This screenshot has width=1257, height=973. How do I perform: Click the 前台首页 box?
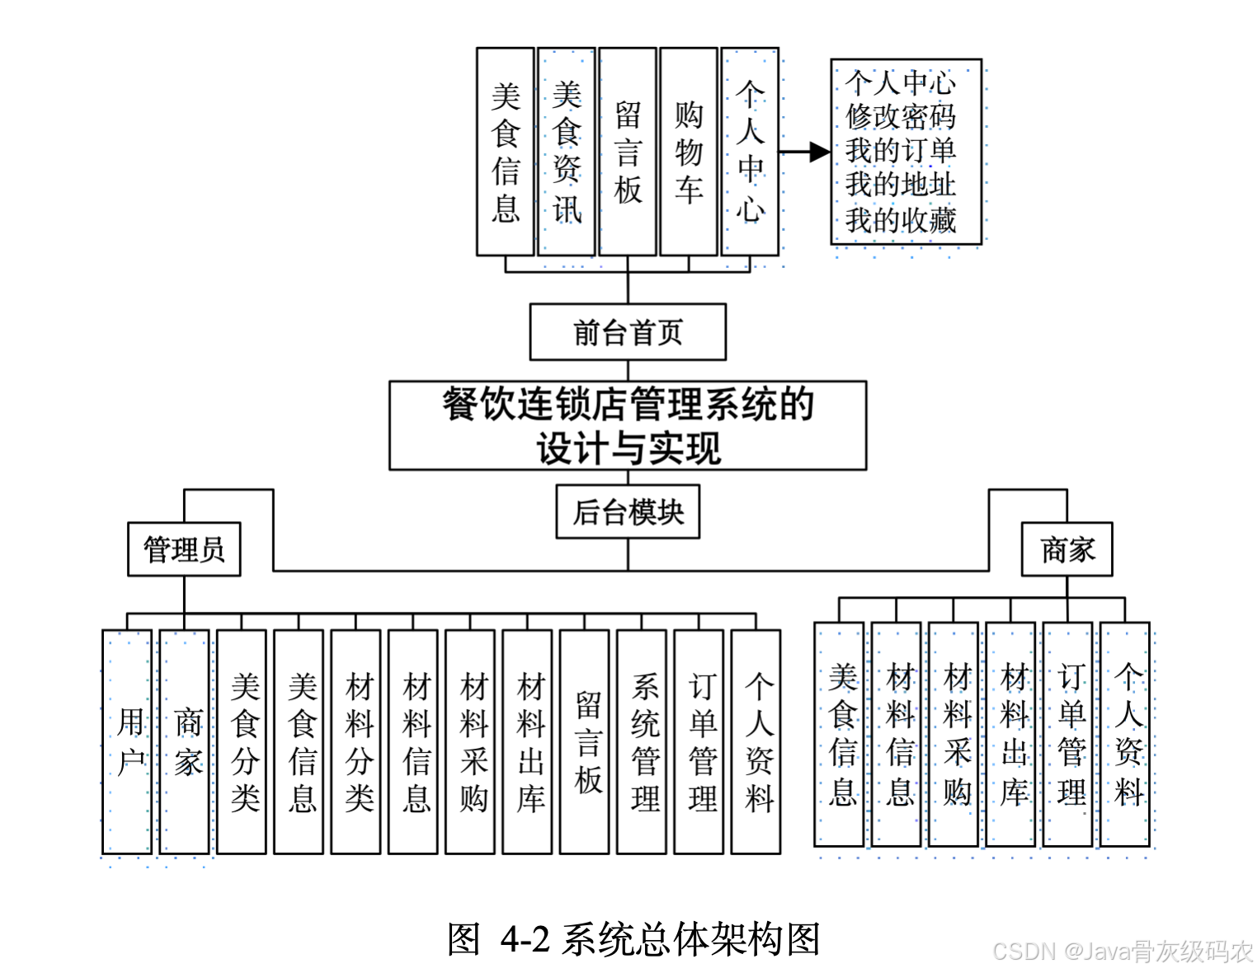628,332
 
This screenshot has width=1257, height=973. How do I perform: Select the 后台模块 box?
628,512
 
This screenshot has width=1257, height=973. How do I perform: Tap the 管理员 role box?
184,549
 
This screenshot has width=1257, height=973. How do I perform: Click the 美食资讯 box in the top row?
567,152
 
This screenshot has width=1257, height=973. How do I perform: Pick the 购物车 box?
689,152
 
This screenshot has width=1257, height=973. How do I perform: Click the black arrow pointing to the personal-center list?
805,152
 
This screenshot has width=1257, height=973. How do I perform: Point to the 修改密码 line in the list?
901,116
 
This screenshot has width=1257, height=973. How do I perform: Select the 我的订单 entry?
901,150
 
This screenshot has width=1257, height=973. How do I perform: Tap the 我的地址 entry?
901,184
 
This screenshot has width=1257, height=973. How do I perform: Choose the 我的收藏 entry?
901,219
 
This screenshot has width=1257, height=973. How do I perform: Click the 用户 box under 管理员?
127,742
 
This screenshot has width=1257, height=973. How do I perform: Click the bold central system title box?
628,425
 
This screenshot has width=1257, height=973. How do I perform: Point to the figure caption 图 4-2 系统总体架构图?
633,939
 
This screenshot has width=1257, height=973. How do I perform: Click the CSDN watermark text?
1122,952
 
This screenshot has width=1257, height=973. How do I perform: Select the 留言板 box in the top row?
628,152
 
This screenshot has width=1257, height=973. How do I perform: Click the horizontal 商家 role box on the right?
1066,549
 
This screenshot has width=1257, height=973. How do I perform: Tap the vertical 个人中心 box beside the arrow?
750,152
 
